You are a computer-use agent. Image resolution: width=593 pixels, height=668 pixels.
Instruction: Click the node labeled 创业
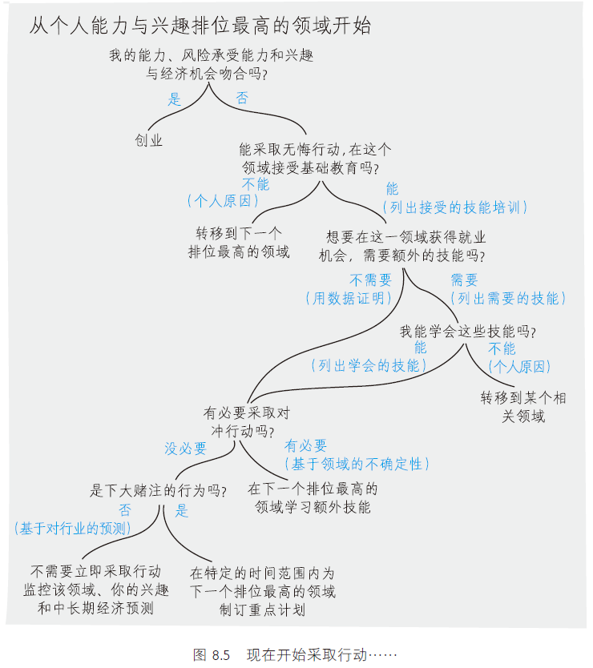(x=149, y=140)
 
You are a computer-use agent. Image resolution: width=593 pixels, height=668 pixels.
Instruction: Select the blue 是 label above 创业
(x=175, y=100)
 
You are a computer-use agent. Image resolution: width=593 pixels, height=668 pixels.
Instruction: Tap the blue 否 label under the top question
(x=242, y=99)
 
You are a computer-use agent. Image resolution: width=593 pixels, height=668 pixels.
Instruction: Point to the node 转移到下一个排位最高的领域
(x=239, y=243)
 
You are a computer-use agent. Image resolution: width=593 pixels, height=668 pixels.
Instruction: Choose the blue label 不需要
(x=370, y=280)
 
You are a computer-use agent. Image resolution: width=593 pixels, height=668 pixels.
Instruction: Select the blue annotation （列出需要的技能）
(x=508, y=298)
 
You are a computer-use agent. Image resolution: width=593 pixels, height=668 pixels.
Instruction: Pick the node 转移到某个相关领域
(x=523, y=406)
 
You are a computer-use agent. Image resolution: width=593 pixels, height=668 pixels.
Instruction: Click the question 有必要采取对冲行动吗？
(x=246, y=421)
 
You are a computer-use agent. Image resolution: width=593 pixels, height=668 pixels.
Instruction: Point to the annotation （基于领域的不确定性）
(x=356, y=464)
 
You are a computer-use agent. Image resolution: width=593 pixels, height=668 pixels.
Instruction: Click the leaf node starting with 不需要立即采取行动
(x=95, y=590)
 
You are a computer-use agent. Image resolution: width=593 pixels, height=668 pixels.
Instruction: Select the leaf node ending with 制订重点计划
(x=262, y=592)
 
